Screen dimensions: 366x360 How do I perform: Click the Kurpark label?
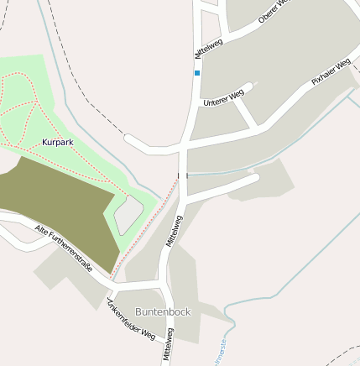point(57,142)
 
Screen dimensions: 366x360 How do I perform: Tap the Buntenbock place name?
point(163,311)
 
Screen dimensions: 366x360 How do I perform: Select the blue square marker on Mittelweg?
point(197,73)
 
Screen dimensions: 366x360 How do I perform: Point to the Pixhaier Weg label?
point(330,72)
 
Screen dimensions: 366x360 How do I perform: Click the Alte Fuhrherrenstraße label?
point(63,248)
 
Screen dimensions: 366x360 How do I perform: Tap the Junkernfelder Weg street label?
point(131,320)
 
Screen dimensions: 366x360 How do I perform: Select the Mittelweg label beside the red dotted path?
point(175,229)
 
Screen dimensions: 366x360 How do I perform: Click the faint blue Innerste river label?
point(223,348)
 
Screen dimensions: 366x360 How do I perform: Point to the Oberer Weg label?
point(273,11)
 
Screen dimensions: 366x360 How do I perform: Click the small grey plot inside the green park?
point(128,215)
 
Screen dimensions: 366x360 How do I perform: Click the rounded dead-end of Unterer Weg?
point(249,86)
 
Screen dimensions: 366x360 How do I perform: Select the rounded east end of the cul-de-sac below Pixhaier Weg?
point(253,178)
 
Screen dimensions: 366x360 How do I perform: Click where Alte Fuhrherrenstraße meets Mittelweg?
point(164,285)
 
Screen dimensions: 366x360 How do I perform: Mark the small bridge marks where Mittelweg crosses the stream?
point(182,175)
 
